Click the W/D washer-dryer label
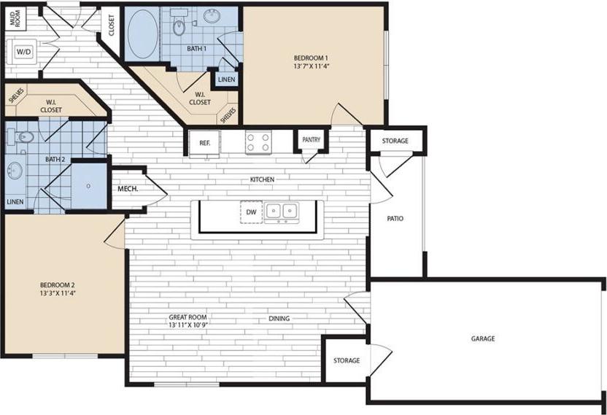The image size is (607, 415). pyautogui.click(x=23, y=52)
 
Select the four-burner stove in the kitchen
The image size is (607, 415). pyautogui.click(x=258, y=142)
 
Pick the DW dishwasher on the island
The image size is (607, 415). pyautogui.click(x=250, y=212)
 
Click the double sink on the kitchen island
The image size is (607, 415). pyautogui.click(x=282, y=212)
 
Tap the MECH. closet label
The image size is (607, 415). pyautogui.click(x=128, y=189)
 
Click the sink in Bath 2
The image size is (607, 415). pyautogui.click(x=15, y=171)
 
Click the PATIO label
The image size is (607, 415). pyautogui.click(x=396, y=218)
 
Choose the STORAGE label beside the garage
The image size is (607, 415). pyautogui.click(x=347, y=360)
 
